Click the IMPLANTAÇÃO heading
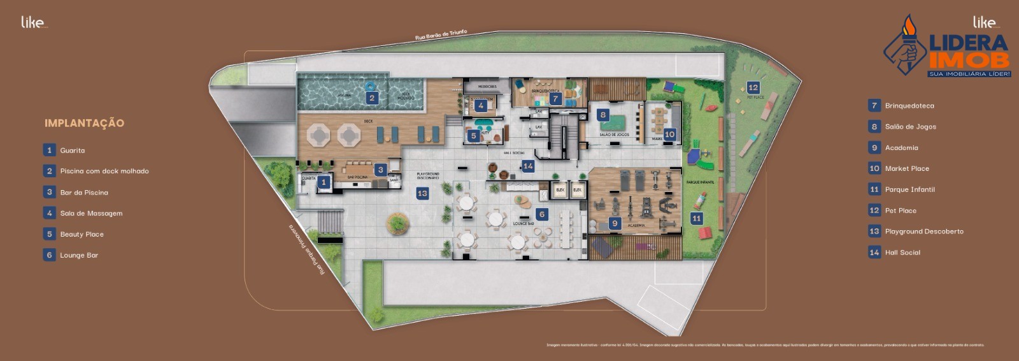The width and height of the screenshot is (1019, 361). [x=84, y=123]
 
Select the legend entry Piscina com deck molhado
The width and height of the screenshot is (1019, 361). [x=104, y=171]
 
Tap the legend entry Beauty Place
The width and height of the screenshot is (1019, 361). [x=82, y=234]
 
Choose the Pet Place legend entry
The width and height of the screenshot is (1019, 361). [x=901, y=210]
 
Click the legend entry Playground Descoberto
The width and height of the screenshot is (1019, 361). [x=923, y=232]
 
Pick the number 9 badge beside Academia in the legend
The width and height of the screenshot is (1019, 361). [x=874, y=147]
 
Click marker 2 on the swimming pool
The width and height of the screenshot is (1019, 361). [x=372, y=98]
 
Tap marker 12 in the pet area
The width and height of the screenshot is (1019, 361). [x=753, y=87]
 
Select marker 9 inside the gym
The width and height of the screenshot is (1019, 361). [x=615, y=223]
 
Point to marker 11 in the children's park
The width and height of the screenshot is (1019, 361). [x=696, y=218]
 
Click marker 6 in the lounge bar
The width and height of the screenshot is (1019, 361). [x=542, y=214]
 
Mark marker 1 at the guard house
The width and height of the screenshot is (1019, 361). [x=324, y=182]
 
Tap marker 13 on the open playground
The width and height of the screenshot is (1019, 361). [x=422, y=193]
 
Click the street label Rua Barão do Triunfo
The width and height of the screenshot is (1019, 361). [x=441, y=34]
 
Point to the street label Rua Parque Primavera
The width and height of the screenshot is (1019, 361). [x=306, y=249]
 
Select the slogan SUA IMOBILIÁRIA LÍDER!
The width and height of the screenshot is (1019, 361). [x=969, y=74]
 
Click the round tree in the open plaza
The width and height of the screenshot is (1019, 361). [x=397, y=223]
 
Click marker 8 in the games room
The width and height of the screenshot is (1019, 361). [x=602, y=115]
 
